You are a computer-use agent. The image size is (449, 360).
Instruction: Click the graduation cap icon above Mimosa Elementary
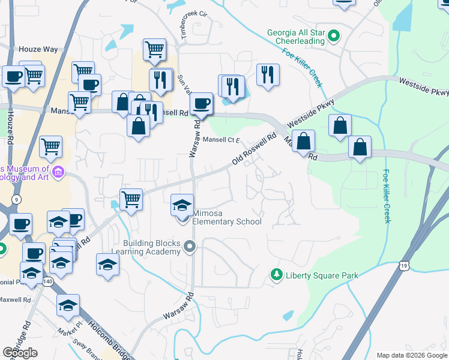click(182, 206)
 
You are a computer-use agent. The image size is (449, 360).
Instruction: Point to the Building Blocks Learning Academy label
click(152, 247)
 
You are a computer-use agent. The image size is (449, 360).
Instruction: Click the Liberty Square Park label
click(322, 275)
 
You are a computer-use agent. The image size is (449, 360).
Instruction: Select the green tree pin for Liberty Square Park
click(276, 275)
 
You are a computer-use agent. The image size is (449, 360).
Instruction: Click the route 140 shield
click(47, 281)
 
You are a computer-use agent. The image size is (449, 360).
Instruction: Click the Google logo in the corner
click(20, 353)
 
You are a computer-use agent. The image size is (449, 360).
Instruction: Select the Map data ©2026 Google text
click(411, 355)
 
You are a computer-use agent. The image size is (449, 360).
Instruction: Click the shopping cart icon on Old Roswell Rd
click(131, 199)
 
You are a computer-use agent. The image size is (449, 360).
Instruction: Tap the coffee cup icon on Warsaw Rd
click(202, 104)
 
